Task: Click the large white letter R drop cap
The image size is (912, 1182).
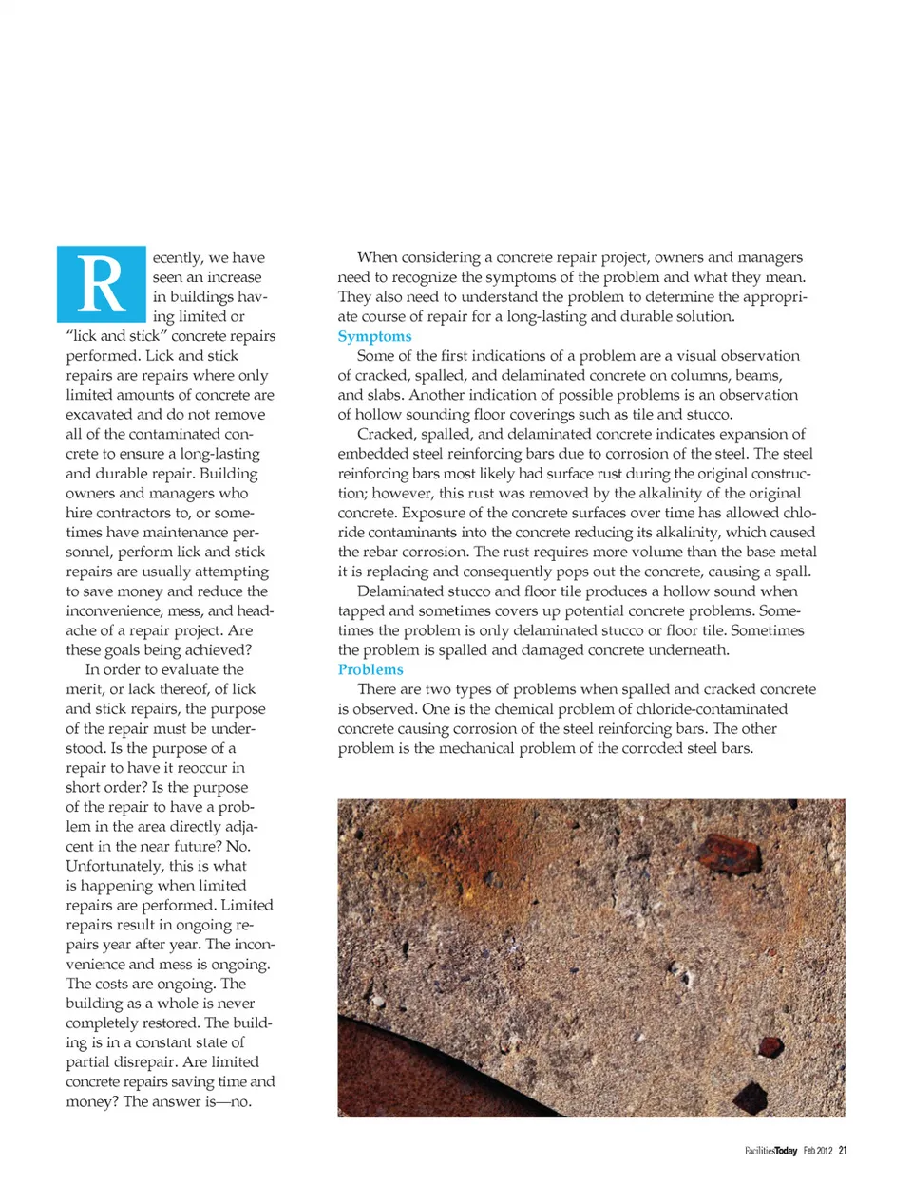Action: (x=101, y=284)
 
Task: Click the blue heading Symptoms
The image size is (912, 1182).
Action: (x=374, y=336)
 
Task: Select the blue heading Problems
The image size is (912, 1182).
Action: (x=370, y=669)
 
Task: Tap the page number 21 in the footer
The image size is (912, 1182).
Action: (x=843, y=1151)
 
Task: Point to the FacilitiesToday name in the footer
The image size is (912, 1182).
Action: (x=770, y=1151)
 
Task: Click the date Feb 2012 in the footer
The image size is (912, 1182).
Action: (x=817, y=1151)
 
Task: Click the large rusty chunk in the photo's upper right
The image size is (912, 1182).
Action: (x=729, y=852)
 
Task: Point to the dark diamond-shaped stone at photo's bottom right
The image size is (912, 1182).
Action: (x=750, y=1098)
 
